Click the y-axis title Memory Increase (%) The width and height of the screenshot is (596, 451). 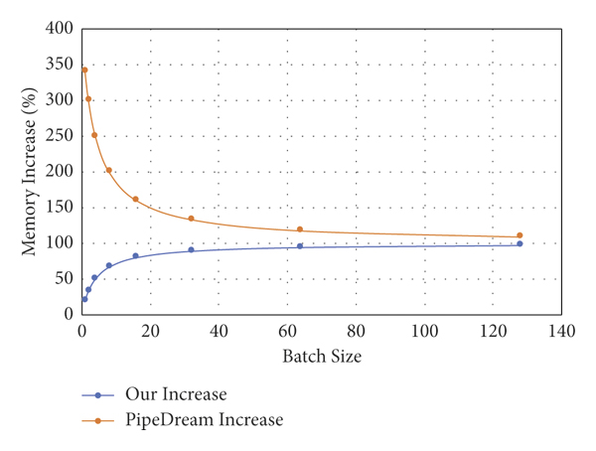pos(31,170)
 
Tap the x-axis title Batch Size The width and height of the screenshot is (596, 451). pos(320,356)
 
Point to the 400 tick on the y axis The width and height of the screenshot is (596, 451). pos(62,29)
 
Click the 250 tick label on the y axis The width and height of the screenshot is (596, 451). pos(62,136)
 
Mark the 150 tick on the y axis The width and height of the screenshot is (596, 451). pos(62,208)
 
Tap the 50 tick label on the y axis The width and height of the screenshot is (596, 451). pos(66,279)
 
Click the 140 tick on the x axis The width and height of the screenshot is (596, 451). pos(561,331)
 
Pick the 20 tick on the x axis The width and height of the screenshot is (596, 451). pos(150,331)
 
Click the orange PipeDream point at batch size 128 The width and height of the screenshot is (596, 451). pos(520,235)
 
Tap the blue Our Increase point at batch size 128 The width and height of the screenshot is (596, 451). pos(520,243)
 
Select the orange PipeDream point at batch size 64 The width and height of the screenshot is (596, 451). pos(300,229)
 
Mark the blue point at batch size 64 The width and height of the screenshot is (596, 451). pos(300,245)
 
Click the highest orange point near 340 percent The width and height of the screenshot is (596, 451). pos(84,70)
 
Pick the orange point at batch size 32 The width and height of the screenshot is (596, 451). pos(191,219)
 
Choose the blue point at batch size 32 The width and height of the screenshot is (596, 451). pos(191,249)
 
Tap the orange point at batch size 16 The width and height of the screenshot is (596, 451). pos(136,199)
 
